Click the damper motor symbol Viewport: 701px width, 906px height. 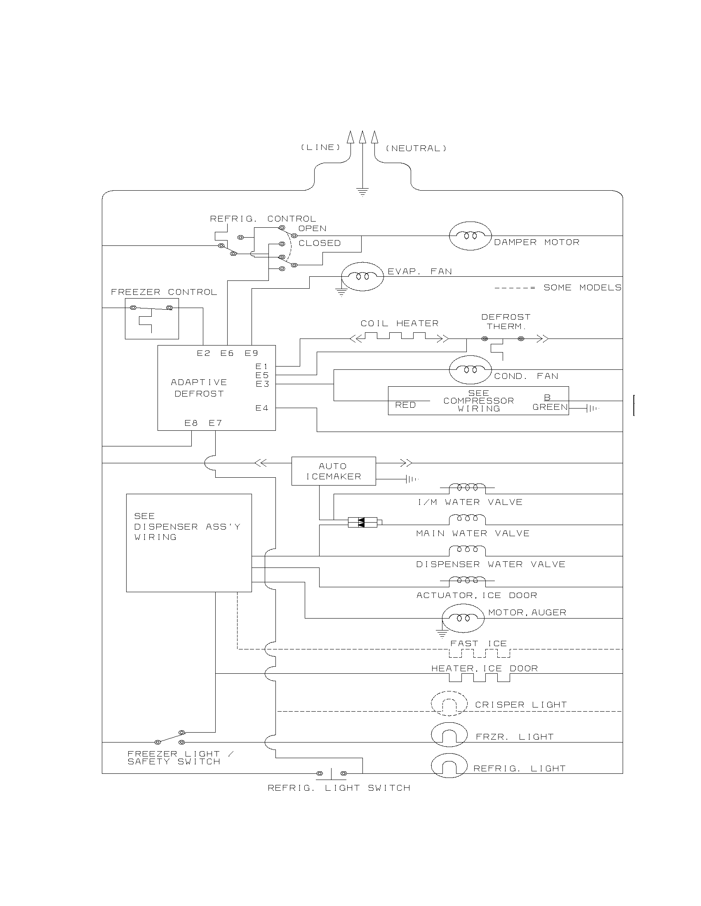tap(470, 236)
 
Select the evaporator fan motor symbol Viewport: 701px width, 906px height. tap(362, 277)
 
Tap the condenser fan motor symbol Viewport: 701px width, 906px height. tap(470, 370)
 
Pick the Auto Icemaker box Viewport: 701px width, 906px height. tap(334, 471)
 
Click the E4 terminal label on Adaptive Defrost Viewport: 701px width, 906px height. tap(262, 408)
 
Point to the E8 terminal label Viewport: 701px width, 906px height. tap(191, 423)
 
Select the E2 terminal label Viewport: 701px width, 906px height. tap(203, 353)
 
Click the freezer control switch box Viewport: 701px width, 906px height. tap(152, 318)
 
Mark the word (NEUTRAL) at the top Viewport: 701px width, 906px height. tap(416, 149)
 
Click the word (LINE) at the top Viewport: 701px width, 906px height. tap(320, 147)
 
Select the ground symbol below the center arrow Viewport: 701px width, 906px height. tap(362, 191)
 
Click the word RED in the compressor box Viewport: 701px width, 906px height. tap(405, 405)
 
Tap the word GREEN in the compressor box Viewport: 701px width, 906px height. tap(550, 407)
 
